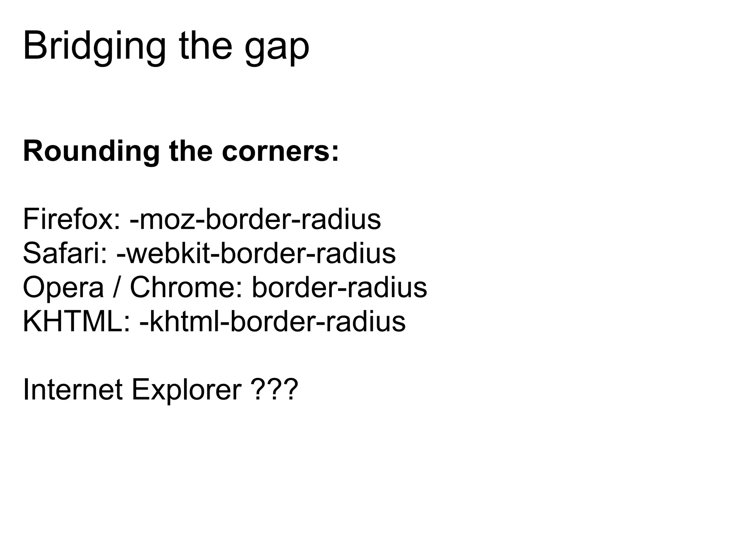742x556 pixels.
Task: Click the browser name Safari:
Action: coord(65,253)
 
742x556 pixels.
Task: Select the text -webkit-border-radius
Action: coord(256,253)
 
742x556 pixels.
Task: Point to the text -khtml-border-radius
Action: coord(272,321)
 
